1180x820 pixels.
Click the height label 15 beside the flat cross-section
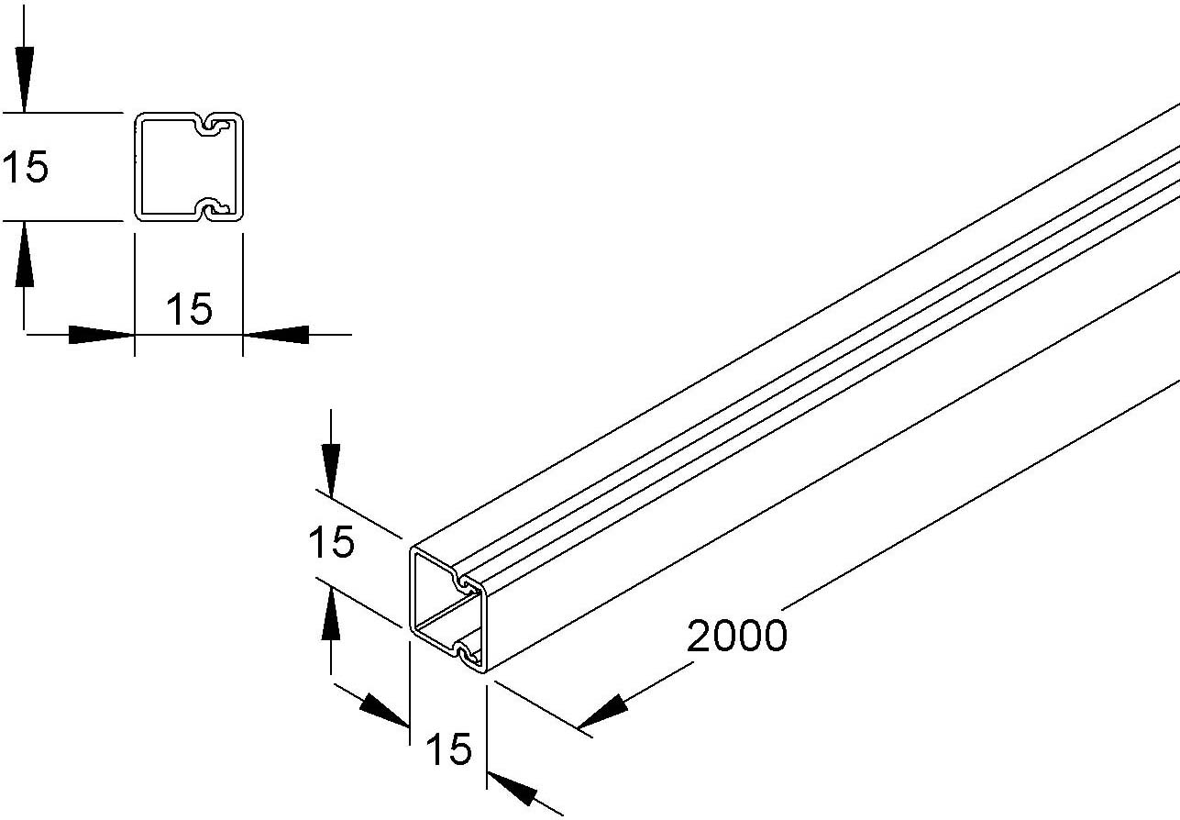(x=25, y=168)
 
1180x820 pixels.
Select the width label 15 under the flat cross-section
(x=189, y=309)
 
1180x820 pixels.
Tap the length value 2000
(x=737, y=636)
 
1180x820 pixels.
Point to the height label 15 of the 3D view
(x=331, y=543)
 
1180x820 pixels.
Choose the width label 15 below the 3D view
(x=448, y=750)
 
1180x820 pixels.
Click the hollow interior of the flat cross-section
(x=170, y=167)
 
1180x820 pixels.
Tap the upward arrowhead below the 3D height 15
(x=331, y=616)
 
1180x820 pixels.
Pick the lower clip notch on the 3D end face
(x=468, y=655)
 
